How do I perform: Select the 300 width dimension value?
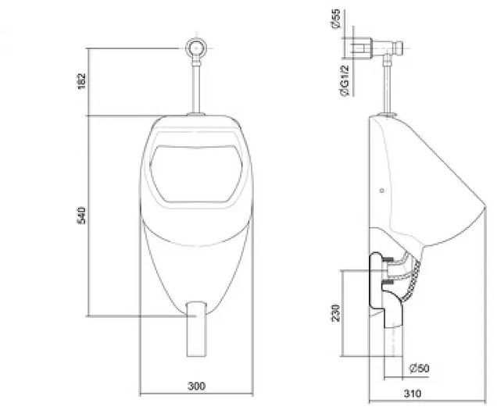click(198, 386)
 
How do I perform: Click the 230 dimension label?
click(335, 313)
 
